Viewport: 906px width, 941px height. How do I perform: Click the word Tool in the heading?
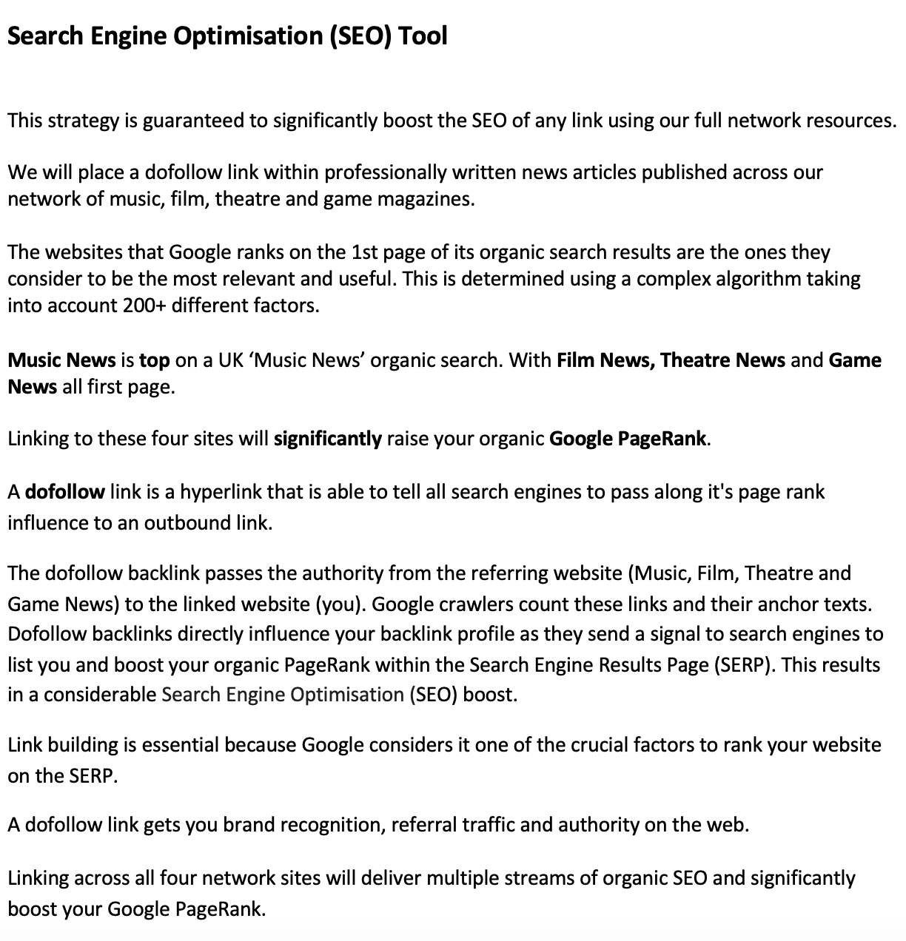point(423,36)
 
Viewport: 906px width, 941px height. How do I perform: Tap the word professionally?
point(386,172)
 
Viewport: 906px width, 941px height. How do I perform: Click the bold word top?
point(155,360)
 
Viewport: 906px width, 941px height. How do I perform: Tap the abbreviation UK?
point(225,360)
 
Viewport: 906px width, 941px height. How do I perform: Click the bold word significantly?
point(328,439)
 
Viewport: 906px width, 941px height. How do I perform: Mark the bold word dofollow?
point(64,492)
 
